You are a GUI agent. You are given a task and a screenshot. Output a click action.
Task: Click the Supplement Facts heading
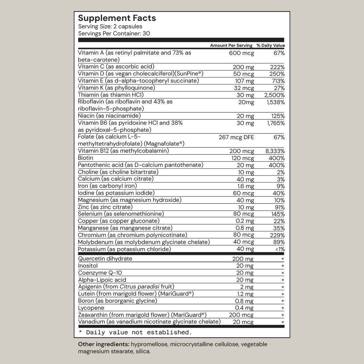click(x=117, y=18)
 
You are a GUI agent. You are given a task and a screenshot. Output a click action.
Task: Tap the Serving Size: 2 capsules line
click(x=110, y=27)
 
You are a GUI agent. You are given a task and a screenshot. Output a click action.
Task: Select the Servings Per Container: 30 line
click(x=114, y=34)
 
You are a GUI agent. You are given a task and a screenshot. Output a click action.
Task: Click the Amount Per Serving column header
click(x=231, y=45)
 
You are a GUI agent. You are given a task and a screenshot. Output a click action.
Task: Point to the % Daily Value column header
click(x=270, y=45)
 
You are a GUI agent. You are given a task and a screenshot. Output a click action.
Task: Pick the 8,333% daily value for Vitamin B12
click(x=275, y=151)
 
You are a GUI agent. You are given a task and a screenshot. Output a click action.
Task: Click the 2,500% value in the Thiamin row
click(x=275, y=95)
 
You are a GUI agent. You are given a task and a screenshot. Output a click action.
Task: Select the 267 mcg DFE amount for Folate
click(x=236, y=137)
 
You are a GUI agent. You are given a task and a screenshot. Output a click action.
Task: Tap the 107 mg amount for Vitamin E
click(x=245, y=81)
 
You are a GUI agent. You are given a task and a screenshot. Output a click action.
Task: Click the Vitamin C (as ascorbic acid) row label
click(x=116, y=67)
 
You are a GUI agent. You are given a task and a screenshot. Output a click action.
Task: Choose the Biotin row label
click(x=86, y=158)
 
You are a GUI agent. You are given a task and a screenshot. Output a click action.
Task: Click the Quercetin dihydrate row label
click(x=105, y=259)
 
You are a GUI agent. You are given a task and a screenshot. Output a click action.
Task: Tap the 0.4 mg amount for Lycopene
click(x=244, y=308)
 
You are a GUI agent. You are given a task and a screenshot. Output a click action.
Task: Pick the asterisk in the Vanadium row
click(x=283, y=323)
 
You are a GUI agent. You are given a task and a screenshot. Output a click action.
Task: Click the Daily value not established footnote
click(x=135, y=332)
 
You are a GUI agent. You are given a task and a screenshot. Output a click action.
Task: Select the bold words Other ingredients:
click(x=103, y=344)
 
